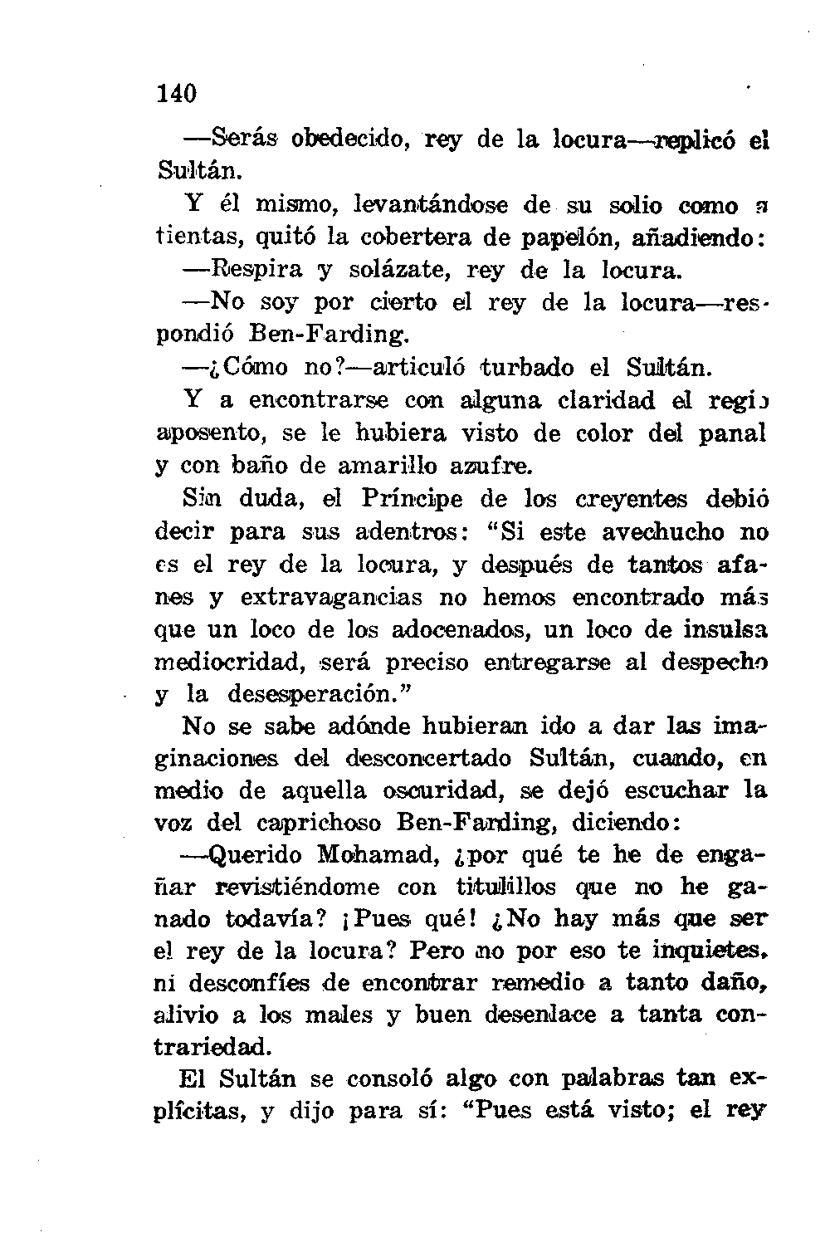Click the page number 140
point(175,94)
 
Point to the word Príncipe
point(414,499)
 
